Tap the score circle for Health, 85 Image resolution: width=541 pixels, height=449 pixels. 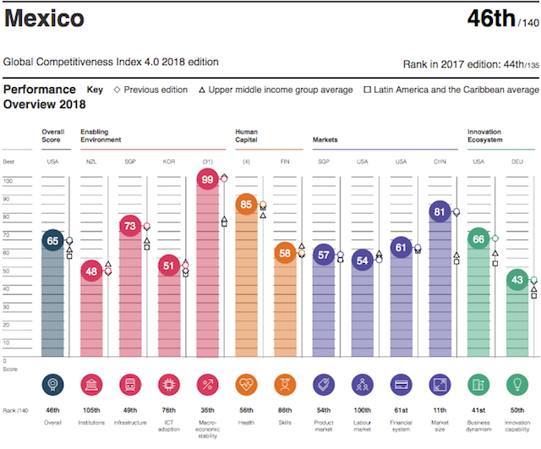click(x=247, y=205)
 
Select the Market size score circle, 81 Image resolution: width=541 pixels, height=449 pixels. click(x=440, y=212)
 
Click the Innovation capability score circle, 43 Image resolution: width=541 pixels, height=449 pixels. click(x=517, y=282)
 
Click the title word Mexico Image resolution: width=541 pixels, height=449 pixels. click(x=44, y=19)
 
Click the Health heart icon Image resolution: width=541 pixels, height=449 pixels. click(x=247, y=386)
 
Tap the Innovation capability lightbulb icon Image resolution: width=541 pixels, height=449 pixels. click(x=517, y=386)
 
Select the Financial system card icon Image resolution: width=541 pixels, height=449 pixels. click(x=402, y=386)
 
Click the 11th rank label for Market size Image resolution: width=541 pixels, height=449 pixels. click(x=440, y=411)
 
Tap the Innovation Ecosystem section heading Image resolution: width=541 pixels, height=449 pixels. click(x=486, y=135)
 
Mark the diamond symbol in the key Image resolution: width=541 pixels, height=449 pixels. click(x=117, y=90)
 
